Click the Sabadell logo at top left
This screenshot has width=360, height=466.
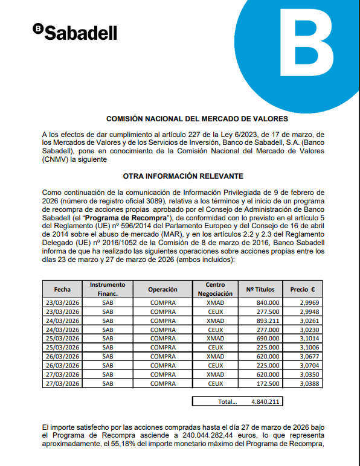pyautogui.click(x=76, y=32)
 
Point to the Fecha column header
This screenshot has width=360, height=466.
pyautogui.click(x=62, y=289)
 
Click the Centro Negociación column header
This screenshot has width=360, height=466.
pyautogui.click(x=214, y=289)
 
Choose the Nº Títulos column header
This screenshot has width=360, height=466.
pyautogui.click(x=262, y=289)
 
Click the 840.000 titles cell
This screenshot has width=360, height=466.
pyautogui.click(x=268, y=302)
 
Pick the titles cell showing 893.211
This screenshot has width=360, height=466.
pyautogui.click(x=268, y=321)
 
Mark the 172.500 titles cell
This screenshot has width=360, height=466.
pyautogui.click(x=268, y=383)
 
